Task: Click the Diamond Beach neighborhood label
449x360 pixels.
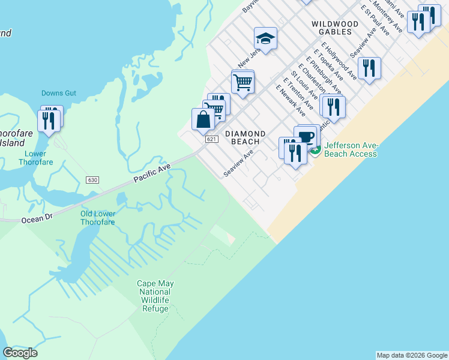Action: click(245, 137)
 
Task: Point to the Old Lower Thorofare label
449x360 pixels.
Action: click(98, 217)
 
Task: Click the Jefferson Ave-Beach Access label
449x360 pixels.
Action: click(351, 150)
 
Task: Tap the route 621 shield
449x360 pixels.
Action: click(211, 139)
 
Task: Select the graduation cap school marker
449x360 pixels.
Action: click(265, 40)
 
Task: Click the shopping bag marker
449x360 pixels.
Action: click(203, 119)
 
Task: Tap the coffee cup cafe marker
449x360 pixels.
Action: click(306, 136)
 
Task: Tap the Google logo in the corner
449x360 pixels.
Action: click(20, 353)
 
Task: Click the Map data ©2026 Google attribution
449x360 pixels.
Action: click(412, 355)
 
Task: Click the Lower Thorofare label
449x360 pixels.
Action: click(36, 158)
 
